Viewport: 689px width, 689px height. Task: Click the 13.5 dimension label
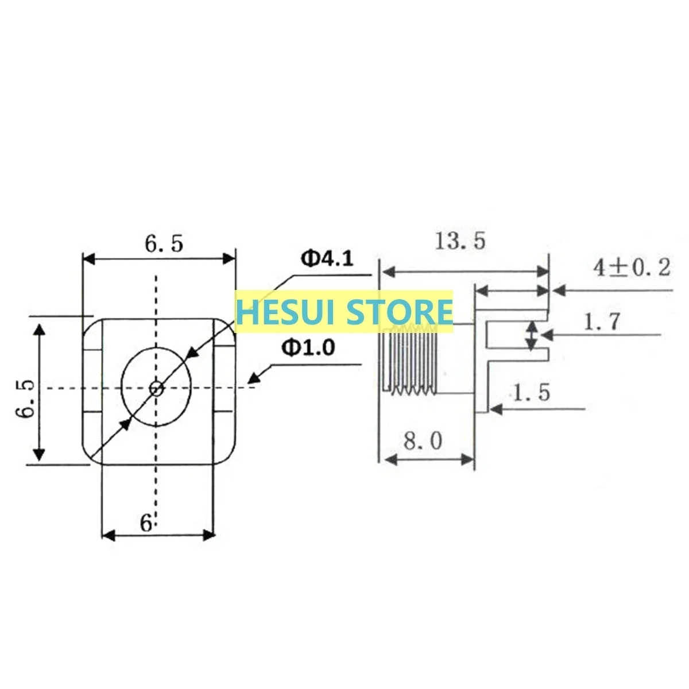(460, 241)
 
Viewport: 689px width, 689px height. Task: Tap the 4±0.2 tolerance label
(632, 268)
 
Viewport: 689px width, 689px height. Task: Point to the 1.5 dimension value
(532, 392)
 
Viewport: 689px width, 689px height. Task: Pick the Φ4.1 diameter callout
(327, 258)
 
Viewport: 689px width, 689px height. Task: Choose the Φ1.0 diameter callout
(308, 347)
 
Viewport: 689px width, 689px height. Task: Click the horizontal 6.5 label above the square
(164, 244)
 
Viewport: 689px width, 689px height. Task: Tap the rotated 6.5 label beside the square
(25, 398)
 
